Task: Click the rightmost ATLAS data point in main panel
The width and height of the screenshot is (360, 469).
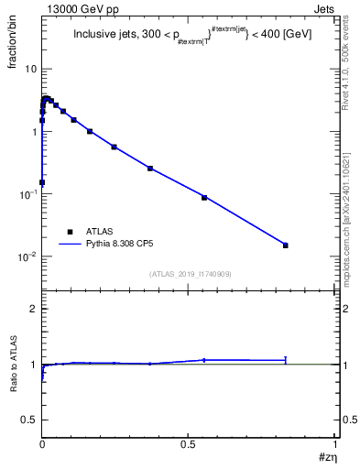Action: (x=286, y=245)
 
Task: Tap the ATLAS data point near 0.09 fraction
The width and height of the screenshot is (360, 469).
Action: (x=204, y=197)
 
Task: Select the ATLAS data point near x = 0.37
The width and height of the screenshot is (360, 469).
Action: (x=150, y=168)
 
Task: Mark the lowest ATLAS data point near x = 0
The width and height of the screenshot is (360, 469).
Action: (x=42, y=182)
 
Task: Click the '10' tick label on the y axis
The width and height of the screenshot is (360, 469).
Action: (x=30, y=70)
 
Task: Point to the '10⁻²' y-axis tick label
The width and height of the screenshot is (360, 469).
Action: (x=27, y=256)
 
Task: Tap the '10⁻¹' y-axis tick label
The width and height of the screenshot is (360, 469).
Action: (x=27, y=193)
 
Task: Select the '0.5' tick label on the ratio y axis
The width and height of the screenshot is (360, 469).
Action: (x=29, y=420)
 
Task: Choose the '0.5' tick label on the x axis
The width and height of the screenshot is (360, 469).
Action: (x=189, y=442)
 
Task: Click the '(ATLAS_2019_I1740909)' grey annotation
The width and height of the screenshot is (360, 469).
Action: (x=189, y=274)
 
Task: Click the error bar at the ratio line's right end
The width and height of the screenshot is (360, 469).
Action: (x=286, y=360)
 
